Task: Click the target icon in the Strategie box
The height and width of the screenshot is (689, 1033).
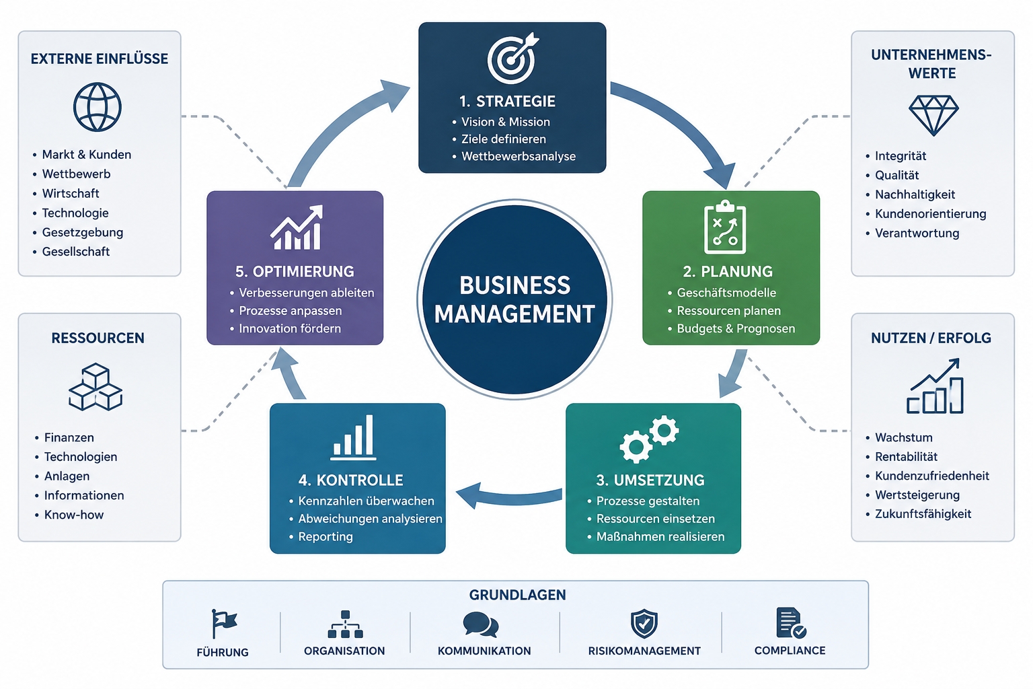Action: coord(512,59)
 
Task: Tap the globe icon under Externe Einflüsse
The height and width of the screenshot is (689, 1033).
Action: coord(98,107)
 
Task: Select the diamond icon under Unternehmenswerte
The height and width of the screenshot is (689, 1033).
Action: coord(933,115)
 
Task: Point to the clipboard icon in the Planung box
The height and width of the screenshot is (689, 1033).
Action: coord(725,227)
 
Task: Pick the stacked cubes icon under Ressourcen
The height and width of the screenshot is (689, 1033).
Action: coord(95,387)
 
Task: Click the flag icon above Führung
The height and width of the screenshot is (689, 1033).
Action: coord(224,624)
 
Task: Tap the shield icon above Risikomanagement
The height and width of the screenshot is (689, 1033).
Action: coord(644,624)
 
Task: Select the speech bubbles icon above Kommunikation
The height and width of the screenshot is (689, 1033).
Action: coord(481,624)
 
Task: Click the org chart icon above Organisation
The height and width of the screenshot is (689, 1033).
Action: coord(346,624)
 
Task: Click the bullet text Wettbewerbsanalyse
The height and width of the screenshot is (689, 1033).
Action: coord(519,157)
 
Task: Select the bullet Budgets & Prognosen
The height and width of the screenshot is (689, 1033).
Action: coord(736,328)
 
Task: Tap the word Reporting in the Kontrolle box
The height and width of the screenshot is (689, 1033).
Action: coord(326,537)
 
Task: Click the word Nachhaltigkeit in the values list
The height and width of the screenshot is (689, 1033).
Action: coord(915,194)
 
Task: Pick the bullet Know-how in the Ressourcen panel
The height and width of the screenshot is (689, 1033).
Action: coord(74,515)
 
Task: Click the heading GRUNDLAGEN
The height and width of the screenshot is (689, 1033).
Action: coord(517,595)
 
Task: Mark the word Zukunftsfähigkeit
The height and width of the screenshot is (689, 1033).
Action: coord(923,514)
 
